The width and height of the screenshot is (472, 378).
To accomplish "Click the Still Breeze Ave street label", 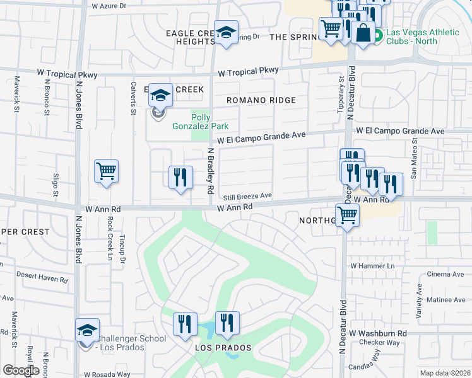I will click(249, 196).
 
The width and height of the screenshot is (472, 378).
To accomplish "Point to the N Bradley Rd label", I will click(211, 171).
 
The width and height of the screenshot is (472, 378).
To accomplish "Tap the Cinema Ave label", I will click(445, 274).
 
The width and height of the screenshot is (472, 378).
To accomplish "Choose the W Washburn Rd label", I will click(377, 333).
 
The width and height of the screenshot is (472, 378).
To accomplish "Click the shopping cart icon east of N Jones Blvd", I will click(106, 171).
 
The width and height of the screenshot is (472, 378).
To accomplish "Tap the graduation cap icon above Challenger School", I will click(87, 330).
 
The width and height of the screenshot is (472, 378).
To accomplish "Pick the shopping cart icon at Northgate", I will click(347, 215).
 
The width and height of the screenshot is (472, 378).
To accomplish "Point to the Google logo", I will click(21, 370).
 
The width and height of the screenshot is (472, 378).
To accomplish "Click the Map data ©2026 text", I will click(445, 373).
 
